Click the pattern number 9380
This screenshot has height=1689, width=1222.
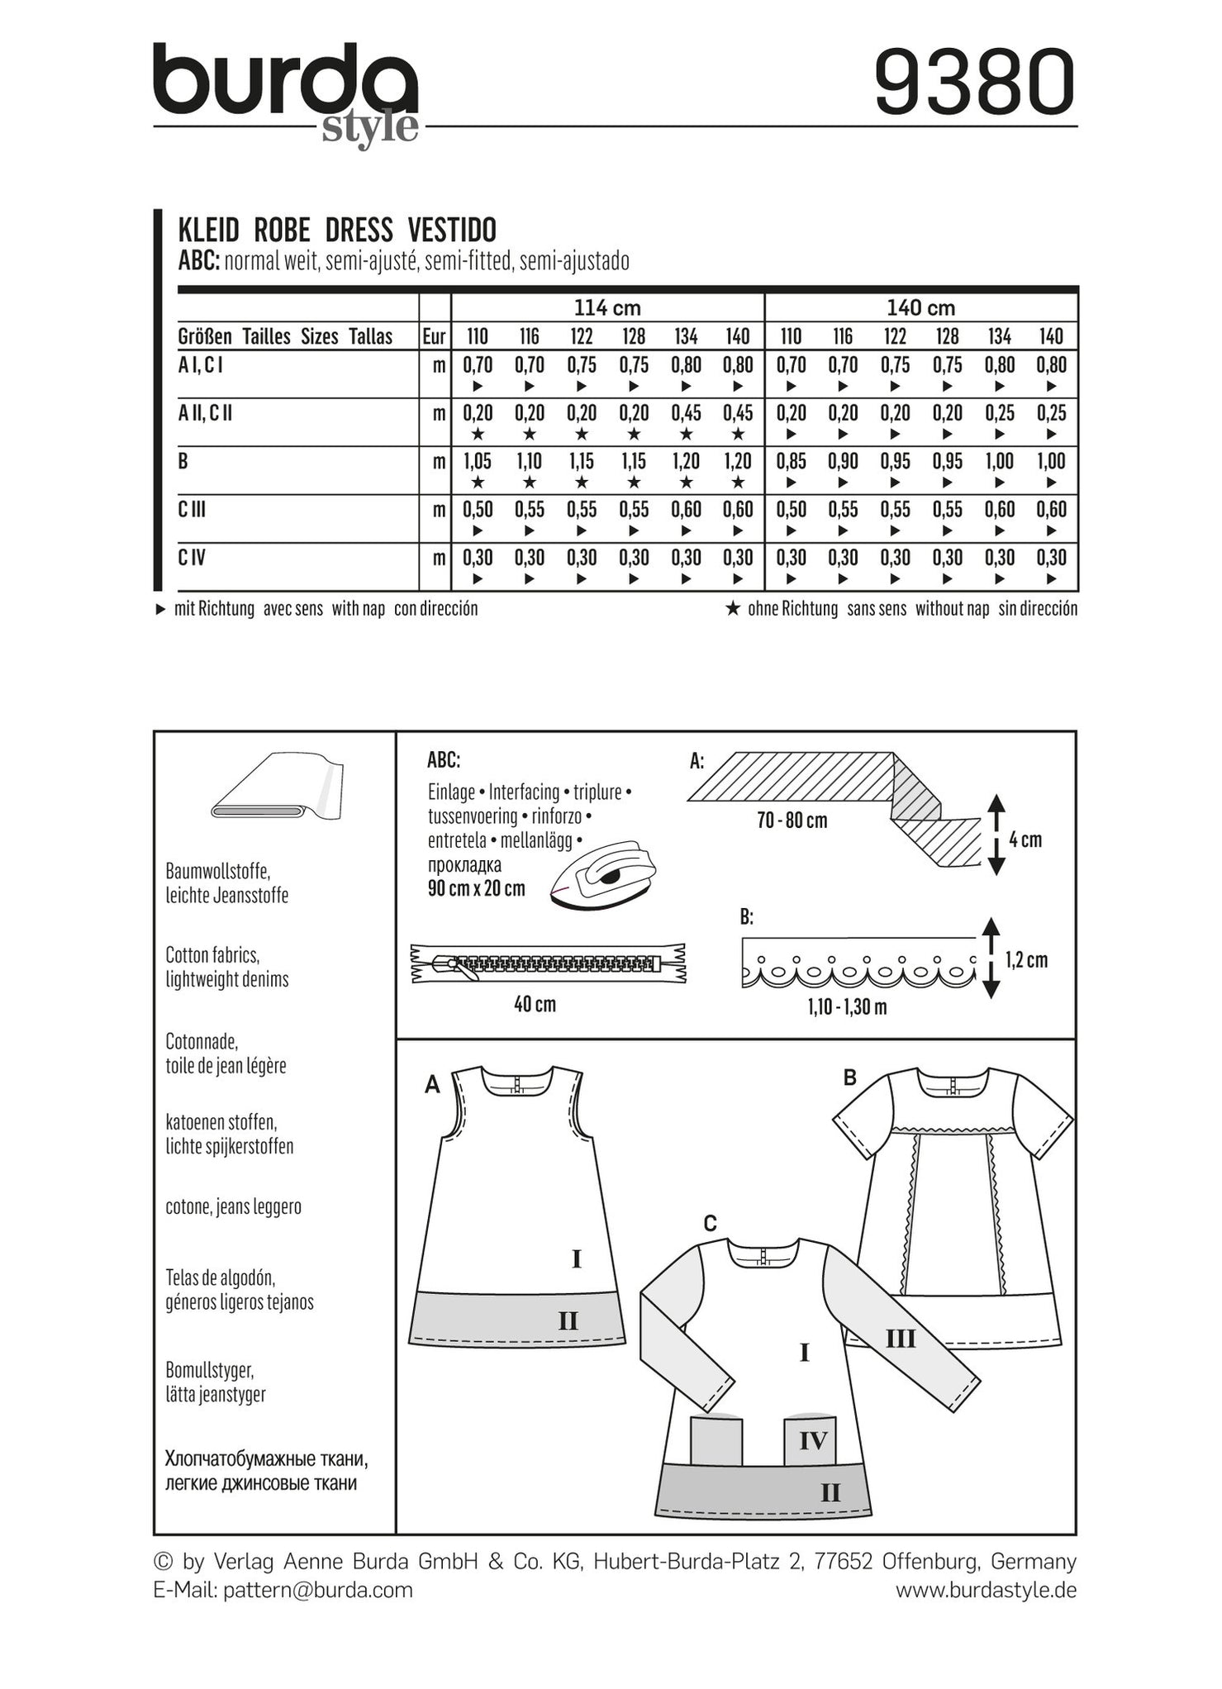coord(974,83)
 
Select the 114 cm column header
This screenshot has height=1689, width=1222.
coord(607,308)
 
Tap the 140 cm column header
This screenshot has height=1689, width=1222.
coord(920,308)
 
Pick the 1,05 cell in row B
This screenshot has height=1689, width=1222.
coord(477,462)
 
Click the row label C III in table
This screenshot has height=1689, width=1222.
coord(192,510)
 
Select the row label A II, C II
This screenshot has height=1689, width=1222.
coord(205,413)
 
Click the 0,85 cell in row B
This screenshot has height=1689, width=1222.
coord(791,462)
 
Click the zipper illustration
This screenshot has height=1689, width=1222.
coord(549,963)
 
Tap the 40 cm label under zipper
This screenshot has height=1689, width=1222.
coord(535,1005)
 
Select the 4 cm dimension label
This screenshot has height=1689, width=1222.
coord(1025,840)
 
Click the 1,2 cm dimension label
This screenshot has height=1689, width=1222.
coord(1026,960)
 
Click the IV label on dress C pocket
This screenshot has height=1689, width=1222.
coord(813,1441)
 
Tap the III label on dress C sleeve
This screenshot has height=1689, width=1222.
coord(901,1338)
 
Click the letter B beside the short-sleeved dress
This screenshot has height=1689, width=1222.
coord(849,1077)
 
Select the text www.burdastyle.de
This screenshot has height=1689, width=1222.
coord(986,1590)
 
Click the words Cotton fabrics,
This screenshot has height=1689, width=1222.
coord(212,955)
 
